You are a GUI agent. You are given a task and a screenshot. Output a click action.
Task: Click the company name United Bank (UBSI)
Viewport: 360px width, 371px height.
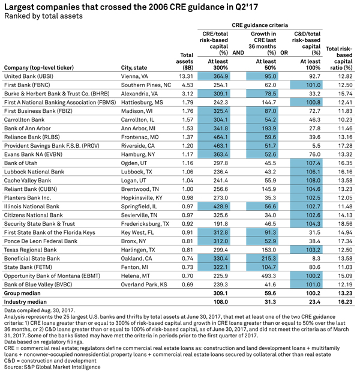29,76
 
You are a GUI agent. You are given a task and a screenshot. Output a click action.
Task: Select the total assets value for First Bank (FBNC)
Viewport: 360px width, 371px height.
187,85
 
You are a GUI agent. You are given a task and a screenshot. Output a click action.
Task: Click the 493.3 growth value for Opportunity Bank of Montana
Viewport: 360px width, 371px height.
269,276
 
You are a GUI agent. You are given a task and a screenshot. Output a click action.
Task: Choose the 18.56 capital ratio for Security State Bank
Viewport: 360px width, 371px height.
345,224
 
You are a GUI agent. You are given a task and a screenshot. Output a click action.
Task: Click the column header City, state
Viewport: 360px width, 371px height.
134,68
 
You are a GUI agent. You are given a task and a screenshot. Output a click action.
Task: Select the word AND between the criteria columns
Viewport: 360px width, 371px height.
238,53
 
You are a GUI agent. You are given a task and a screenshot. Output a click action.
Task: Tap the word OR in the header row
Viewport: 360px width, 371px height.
284,53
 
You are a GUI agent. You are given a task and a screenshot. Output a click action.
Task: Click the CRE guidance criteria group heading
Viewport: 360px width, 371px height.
260,25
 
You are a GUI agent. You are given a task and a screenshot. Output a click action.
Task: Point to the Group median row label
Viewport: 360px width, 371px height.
22,294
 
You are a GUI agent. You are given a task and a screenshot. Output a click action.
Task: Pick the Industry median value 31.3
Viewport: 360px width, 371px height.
270,302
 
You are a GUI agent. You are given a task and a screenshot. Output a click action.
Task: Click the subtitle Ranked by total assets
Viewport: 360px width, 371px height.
44,16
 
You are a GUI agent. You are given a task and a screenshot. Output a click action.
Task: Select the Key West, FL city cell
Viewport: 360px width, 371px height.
137,232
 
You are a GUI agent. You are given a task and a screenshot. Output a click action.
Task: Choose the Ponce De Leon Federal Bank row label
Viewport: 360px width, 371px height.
40,241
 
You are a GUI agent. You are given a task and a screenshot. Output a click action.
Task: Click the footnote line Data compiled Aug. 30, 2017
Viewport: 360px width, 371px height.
40,310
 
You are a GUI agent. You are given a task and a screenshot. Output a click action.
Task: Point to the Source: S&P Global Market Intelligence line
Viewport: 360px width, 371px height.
52,367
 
